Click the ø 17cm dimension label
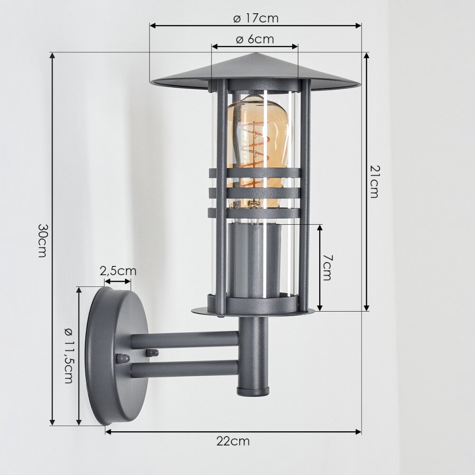click(256, 19)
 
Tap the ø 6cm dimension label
click(255, 39)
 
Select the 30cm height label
click(42, 240)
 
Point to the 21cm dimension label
click(374, 182)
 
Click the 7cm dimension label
click(327, 267)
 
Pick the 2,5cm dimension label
click(118, 271)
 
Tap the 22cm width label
click(233, 441)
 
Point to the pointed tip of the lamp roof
click(256, 53)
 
